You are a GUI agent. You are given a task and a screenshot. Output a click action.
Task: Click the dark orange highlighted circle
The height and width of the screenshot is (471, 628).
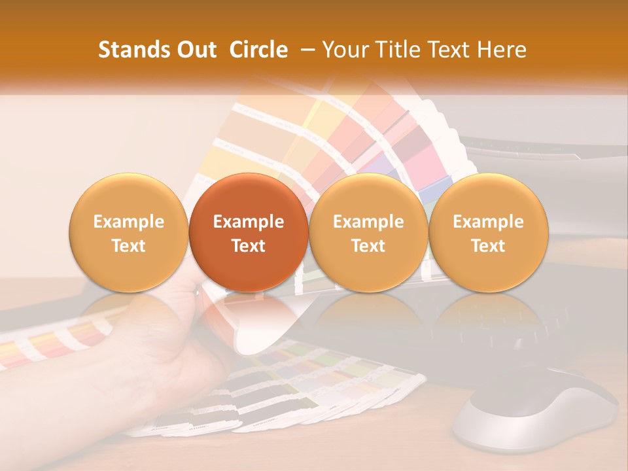pyautogui.click(x=249, y=233)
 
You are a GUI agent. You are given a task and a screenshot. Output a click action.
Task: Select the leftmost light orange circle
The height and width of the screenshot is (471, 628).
pyautogui.click(x=128, y=233)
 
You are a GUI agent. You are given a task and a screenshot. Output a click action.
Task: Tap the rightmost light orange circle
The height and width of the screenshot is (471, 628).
pyautogui.click(x=488, y=233)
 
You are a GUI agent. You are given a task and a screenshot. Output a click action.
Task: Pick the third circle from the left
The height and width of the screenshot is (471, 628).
pyautogui.click(x=368, y=233)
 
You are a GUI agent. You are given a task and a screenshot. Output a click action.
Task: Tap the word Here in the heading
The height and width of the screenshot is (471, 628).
pyautogui.click(x=503, y=50)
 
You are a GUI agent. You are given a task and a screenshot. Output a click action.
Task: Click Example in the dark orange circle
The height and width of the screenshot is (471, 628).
pyautogui.click(x=249, y=222)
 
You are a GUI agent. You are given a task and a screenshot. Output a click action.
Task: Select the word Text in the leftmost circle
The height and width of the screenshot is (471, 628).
pyautogui.click(x=128, y=246)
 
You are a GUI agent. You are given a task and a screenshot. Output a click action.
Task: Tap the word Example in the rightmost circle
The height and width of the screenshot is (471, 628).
pyautogui.click(x=488, y=222)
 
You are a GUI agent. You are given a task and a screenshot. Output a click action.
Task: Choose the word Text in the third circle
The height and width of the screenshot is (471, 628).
pyautogui.click(x=368, y=246)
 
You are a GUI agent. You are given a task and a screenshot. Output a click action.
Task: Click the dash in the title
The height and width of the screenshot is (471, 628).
pyautogui.click(x=308, y=50)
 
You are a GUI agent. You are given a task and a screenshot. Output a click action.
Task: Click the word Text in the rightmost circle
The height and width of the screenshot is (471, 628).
pyautogui.click(x=488, y=246)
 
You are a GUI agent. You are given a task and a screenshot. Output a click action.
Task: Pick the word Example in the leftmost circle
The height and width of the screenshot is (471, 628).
pyautogui.click(x=128, y=222)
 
